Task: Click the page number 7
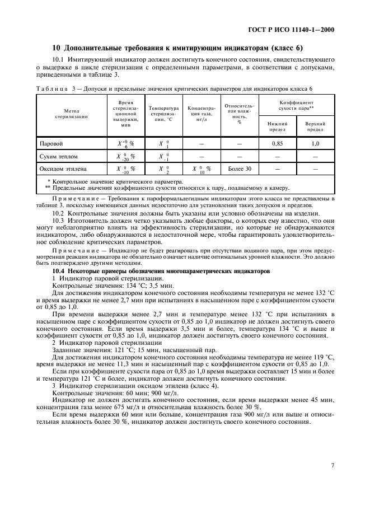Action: (332, 465)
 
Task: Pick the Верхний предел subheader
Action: (315, 126)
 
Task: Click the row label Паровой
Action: (50, 143)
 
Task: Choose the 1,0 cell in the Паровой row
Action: (315, 144)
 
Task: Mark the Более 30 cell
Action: (240, 169)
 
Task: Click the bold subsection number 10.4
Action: (58, 271)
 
